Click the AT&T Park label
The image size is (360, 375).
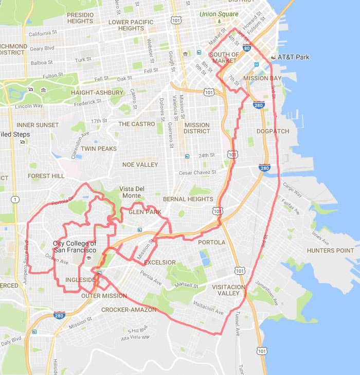coord(294,57)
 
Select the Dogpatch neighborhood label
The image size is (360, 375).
coord(273,131)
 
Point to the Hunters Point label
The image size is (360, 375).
coord(331,251)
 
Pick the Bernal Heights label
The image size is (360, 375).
coord(188,199)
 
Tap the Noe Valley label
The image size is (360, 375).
coord(140,165)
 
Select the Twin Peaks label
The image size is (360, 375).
coord(99,149)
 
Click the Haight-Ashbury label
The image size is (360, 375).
coord(97,93)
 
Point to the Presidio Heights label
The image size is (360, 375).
coord(80,18)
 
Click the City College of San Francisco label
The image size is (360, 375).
coord(75,246)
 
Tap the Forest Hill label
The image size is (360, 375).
coord(46,176)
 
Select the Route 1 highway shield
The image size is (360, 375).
coord(15,199)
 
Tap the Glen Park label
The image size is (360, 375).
coord(145,212)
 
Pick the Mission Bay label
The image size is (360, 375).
coord(262,78)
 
